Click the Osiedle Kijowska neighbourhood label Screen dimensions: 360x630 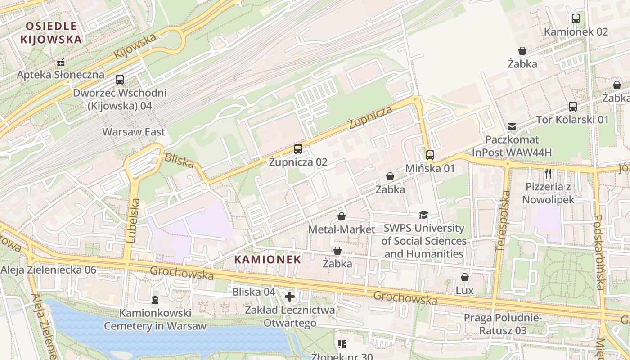point(51,32)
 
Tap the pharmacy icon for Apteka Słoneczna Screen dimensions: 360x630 point(60,63)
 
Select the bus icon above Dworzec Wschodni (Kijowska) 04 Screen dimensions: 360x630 point(119,80)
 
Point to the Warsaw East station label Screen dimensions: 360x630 point(134,132)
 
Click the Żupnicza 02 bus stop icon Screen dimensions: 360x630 point(298,149)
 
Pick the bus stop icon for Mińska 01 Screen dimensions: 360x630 point(430,155)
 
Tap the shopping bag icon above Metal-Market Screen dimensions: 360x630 point(342,216)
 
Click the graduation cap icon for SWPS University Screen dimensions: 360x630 point(423,215)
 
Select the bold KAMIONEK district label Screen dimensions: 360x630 point(267,259)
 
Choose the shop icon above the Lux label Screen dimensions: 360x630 point(464,277)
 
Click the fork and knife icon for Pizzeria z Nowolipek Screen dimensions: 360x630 point(548,173)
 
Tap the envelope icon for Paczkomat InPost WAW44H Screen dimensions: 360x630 point(512,126)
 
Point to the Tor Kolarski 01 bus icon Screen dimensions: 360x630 point(572,107)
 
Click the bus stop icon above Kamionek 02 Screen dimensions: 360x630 point(576,18)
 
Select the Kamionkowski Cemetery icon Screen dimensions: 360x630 point(155,299)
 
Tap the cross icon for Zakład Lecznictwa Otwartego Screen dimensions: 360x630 point(290,297)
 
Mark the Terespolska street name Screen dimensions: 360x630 point(503,220)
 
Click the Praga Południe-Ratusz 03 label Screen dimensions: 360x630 point(503,324)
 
